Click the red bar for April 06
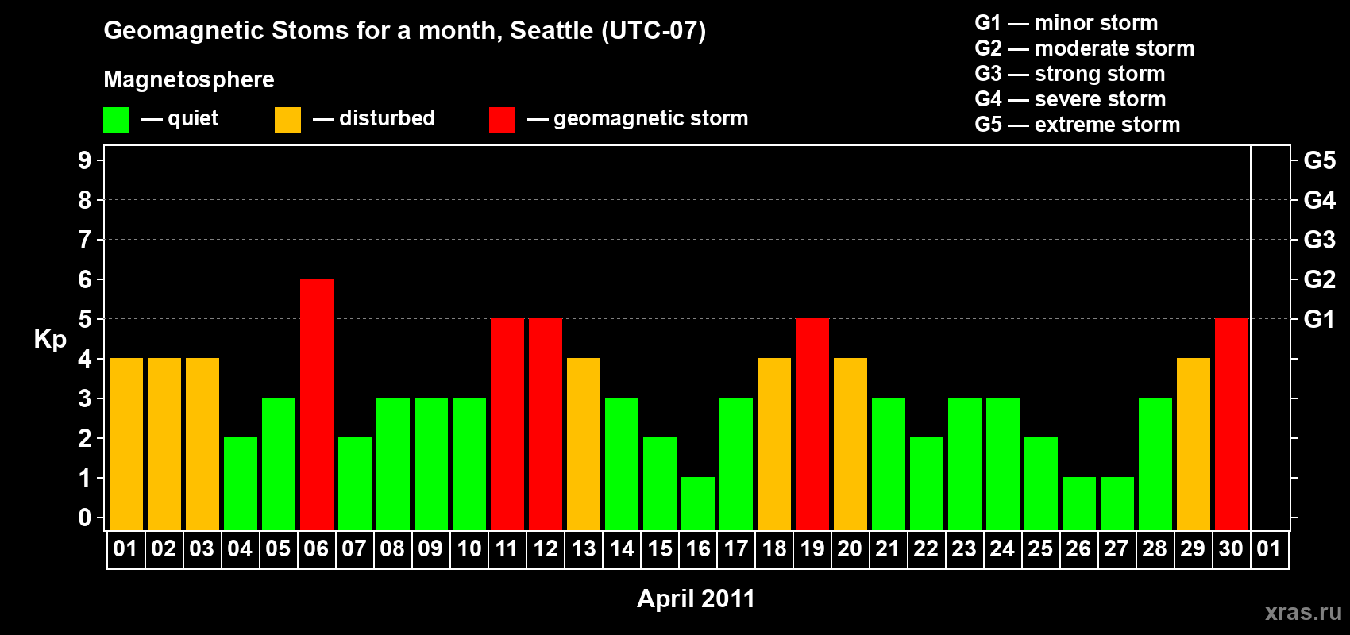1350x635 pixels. tap(316, 404)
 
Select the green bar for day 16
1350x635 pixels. tap(698, 504)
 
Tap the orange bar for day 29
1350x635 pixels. tap(1194, 444)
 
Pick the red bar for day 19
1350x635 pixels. tap(812, 424)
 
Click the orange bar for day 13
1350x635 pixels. tap(584, 444)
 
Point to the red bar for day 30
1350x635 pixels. tap(1232, 424)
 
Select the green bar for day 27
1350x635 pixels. tap(1117, 504)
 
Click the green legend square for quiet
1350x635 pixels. tap(116, 119)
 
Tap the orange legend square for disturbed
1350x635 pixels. tap(287, 119)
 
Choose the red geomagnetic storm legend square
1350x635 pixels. tap(502, 119)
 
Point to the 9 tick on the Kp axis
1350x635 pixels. tap(84, 160)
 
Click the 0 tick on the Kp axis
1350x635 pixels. tap(84, 518)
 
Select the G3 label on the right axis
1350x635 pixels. tap(1319, 240)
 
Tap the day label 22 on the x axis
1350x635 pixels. tap(926, 548)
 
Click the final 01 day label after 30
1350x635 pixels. tap(1269, 548)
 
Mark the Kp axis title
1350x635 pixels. tap(50, 340)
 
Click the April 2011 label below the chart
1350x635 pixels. tap(696, 598)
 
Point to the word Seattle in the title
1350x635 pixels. tap(551, 31)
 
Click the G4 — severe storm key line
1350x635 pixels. tap(1070, 98)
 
